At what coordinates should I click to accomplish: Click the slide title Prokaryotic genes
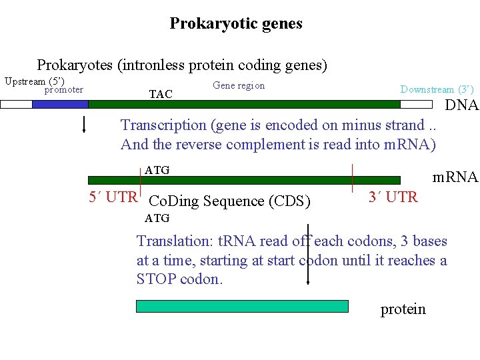pos(236,24)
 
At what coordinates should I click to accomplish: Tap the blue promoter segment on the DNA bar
pos(60,104)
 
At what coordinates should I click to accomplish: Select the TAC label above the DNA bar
pos(161,95)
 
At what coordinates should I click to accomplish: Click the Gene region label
pos(239,85)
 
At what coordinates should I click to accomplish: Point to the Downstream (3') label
pos(437,89)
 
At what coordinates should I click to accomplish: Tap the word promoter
pos(64,90)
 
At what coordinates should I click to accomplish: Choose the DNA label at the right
pos(462,105)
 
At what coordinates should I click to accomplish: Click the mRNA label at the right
pos(455,177)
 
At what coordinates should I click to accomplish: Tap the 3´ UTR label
pos(393,197)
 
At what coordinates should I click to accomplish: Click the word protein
pos(403,309)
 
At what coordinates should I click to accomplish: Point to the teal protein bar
pos(242,306)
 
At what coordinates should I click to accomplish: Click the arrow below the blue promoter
pos(84,124)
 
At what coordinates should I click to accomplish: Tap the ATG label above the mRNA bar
pos(157,171)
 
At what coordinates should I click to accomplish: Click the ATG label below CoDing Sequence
pos(157,218)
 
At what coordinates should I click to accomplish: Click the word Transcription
pos(163,125)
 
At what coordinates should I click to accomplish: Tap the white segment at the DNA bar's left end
pos(16,104)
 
